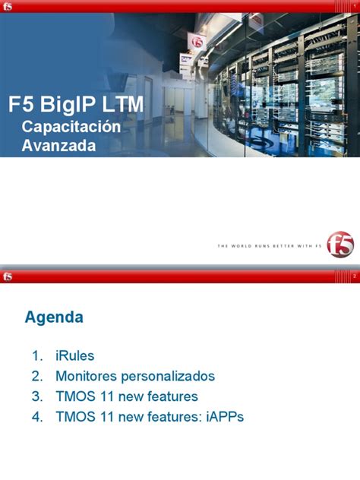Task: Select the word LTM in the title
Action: coord(122,105)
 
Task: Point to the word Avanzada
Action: coord(59,145)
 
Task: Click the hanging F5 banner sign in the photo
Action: coord(198,41)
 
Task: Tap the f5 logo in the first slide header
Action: coord(8,6)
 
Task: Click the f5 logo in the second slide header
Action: coord(8,276)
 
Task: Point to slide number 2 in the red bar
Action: coord(353,276)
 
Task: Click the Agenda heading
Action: coord(54,317)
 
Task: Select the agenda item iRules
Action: coord(74,355)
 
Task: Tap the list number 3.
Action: coord(36,396)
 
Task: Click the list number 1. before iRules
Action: coord(36,355)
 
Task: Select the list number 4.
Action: coord(36,417)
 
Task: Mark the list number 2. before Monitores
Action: coord(36,376)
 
